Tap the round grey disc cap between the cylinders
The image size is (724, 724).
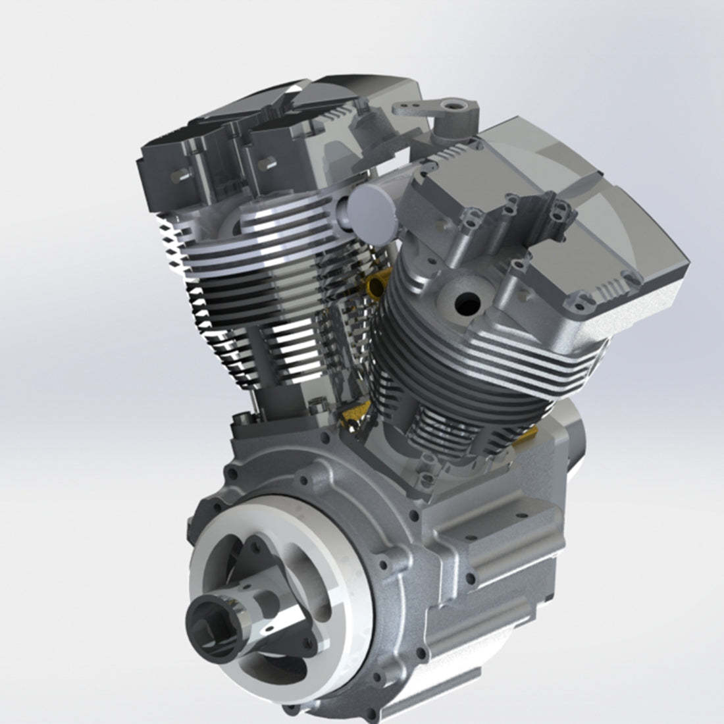tap(373, 211)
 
